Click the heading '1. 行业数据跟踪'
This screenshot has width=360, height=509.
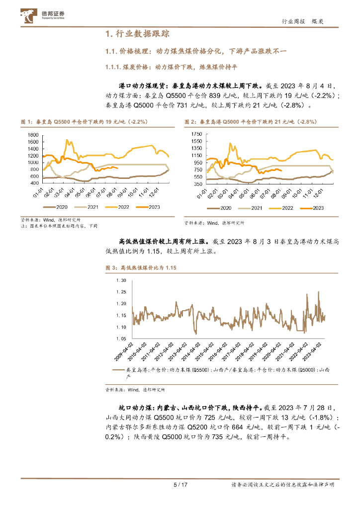tap(138, 34)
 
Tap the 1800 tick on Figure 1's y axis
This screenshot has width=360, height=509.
tap(33, 135)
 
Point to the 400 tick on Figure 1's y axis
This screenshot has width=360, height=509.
tap(34, 183)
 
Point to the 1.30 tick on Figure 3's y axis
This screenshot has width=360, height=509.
tap(121, 280)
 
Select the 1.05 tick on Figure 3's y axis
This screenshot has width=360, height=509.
tap(121, 339)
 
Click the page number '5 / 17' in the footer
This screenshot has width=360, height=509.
tap(180, 485)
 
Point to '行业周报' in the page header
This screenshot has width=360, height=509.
tap(292, 21)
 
